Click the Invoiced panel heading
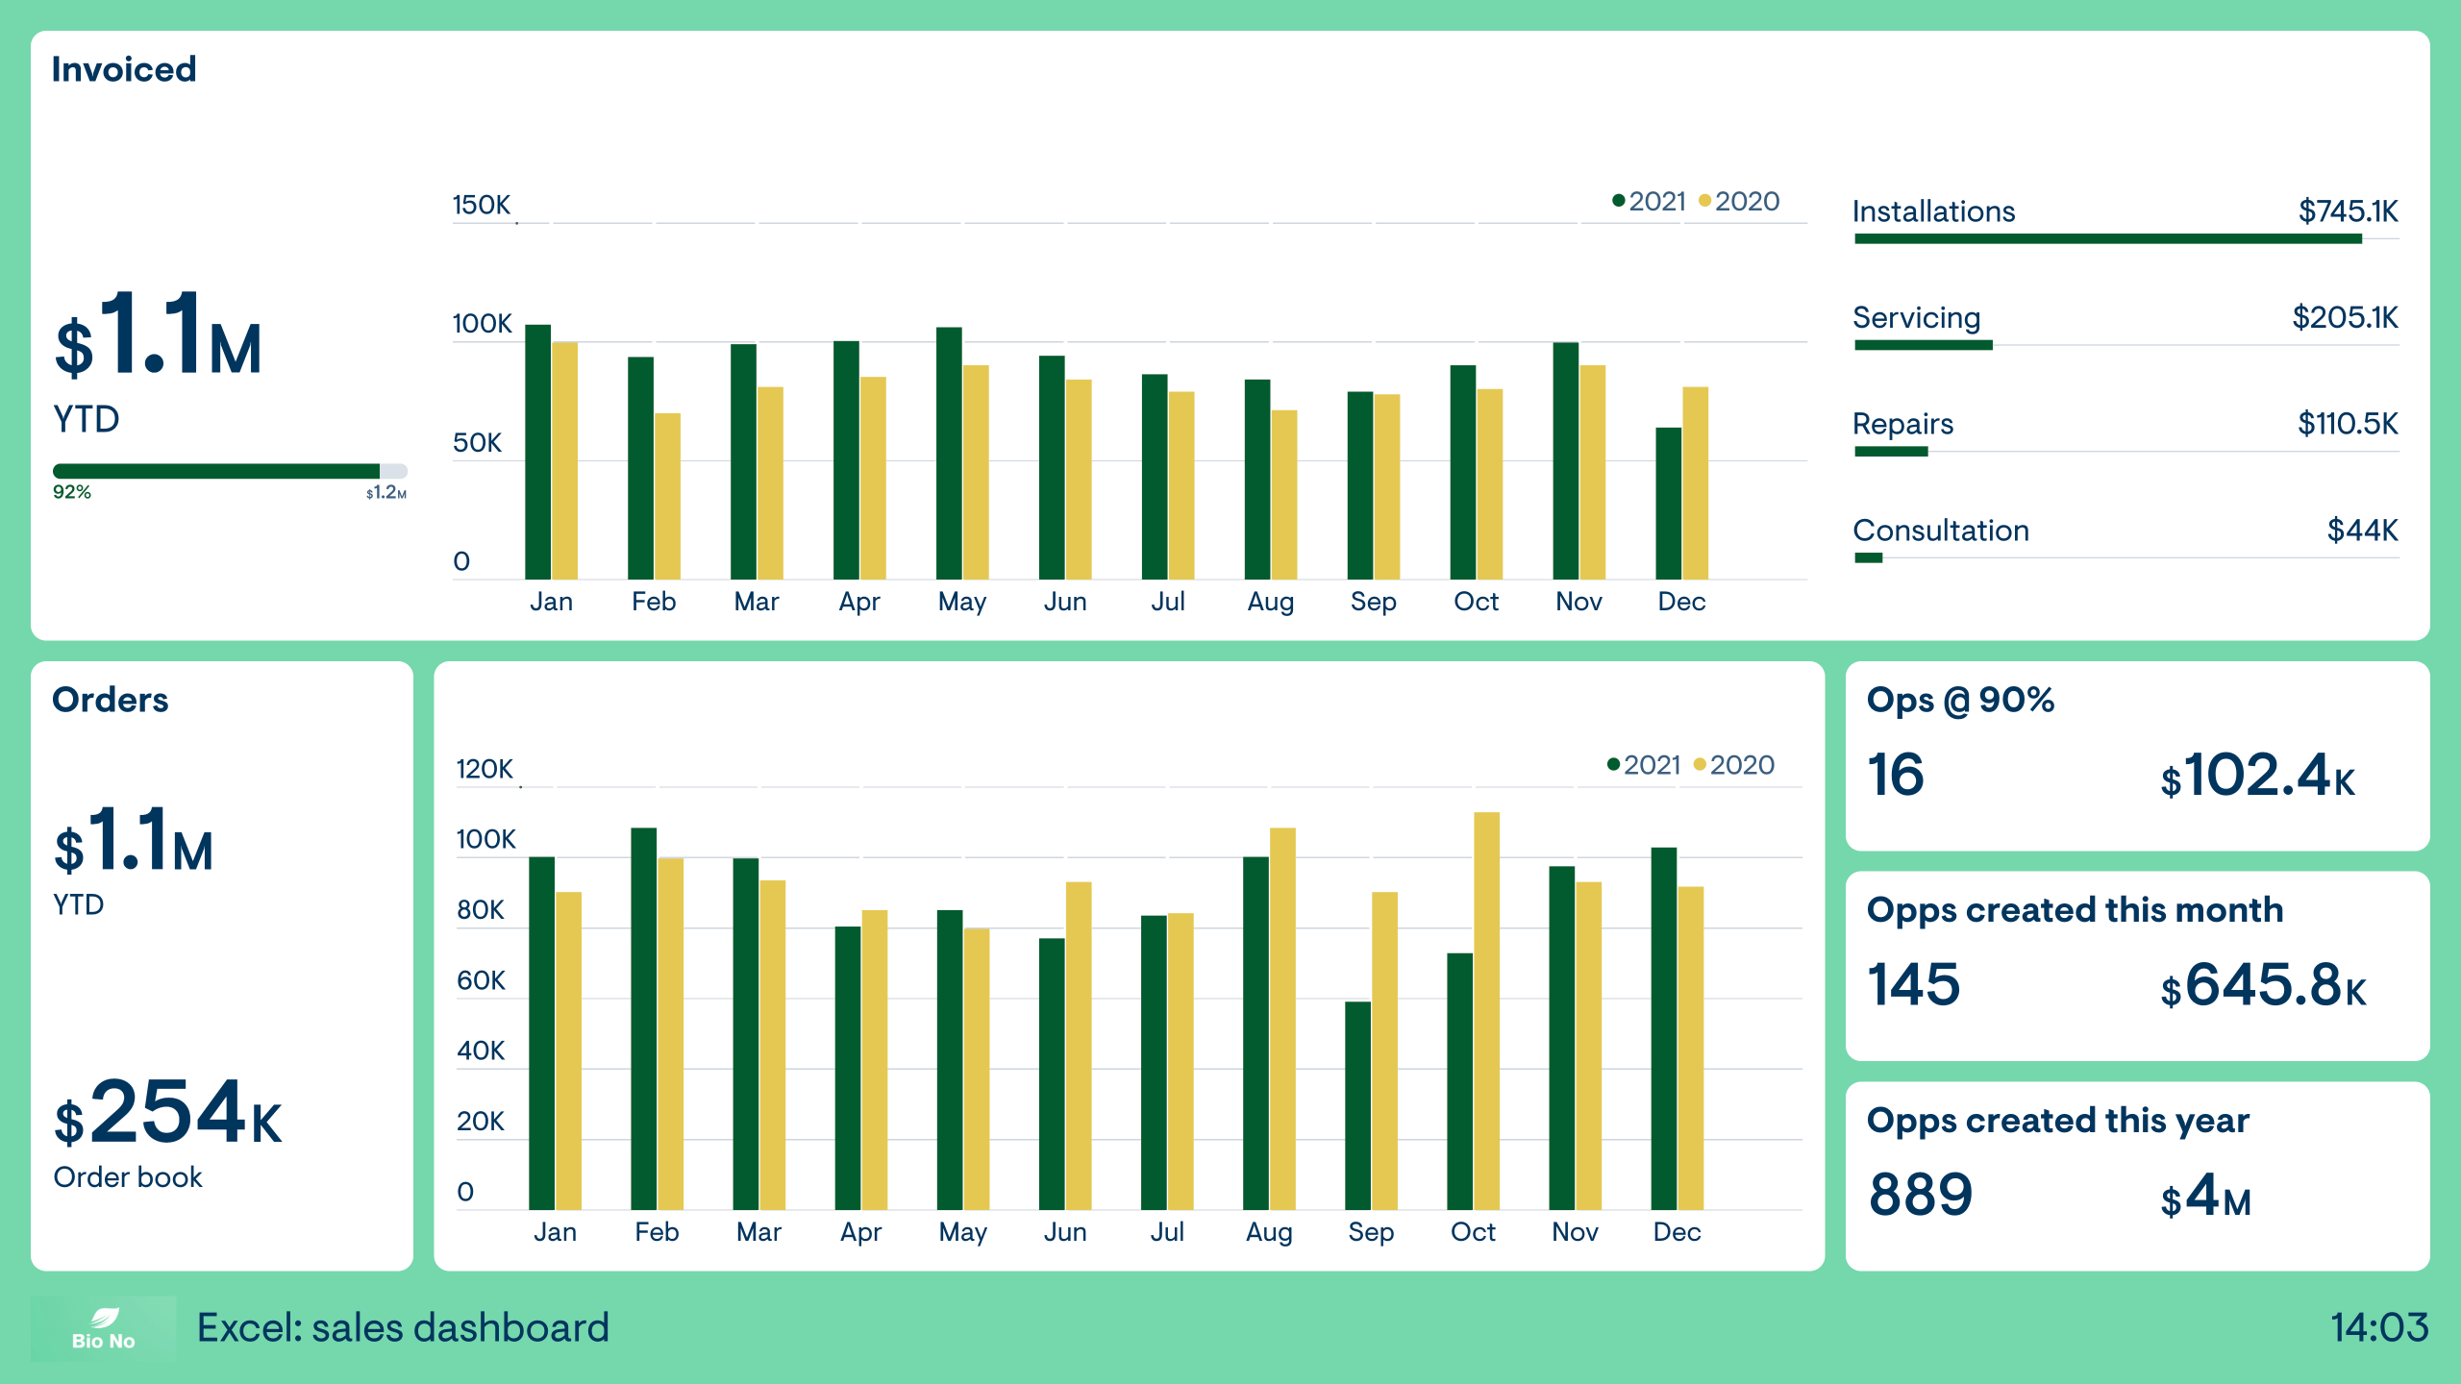tap(123, 69)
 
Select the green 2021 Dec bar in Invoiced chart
tap(1668, 504)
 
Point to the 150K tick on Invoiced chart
tap(481, 205)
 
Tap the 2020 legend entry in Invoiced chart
tap(1740, 201)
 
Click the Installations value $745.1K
tap(2347, 210)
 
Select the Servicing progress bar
tap(1923, 345)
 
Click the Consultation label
tap(1940, 530)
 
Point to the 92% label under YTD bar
tap(72, 492)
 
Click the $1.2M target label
tap(385, 493)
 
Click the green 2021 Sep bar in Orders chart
tap(1357, 1105)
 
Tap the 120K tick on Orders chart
tap(485, 769)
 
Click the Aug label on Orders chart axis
tap(1268, 1232)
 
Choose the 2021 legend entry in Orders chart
tap(1644, 765)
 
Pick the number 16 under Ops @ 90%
tap(1895, 775)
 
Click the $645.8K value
tap(2262, 985)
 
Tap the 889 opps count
tap(1920, 1195)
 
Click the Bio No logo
tap(103, 1328)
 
